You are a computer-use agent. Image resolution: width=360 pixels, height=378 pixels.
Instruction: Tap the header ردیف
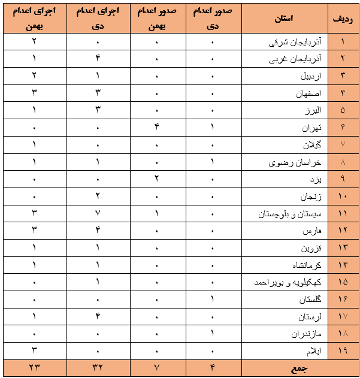pos(342,18)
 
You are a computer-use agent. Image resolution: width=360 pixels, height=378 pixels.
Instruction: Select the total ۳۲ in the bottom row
pos(96,368)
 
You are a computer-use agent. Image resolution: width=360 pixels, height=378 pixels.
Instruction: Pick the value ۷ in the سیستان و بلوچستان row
pos(96,214)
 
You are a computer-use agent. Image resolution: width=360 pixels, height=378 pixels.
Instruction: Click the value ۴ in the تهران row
pos(156,128)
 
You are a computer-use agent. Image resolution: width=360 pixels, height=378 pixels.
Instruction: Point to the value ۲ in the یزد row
pos(156,180)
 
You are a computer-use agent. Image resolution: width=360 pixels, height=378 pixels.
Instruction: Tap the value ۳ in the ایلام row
pos(34,351)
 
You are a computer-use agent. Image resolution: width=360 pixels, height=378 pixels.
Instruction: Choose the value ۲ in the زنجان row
pos(96,196)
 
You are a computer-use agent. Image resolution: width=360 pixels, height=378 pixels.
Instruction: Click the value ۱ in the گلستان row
pos(214,300)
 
